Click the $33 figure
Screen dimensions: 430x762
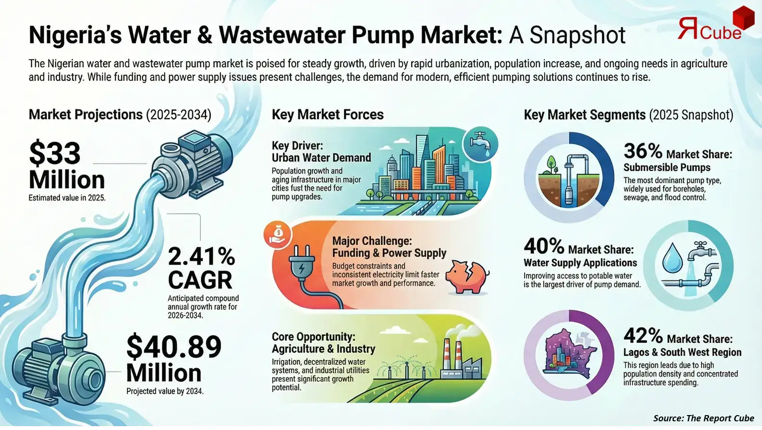54,153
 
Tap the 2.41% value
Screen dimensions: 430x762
201,256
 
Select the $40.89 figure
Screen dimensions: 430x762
174,347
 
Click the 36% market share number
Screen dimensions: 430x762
643,152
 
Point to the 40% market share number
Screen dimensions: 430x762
543,246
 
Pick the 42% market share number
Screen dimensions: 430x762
643,336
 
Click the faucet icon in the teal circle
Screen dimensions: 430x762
479,144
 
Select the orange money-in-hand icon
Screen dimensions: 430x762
278,234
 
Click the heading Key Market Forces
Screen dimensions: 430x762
328,114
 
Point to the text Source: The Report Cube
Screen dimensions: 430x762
703,418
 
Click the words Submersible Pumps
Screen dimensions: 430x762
667,167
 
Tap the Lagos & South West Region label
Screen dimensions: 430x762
682,352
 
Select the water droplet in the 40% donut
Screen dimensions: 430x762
672,258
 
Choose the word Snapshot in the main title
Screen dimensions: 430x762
578,35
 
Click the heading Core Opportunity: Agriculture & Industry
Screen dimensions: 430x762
323,342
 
